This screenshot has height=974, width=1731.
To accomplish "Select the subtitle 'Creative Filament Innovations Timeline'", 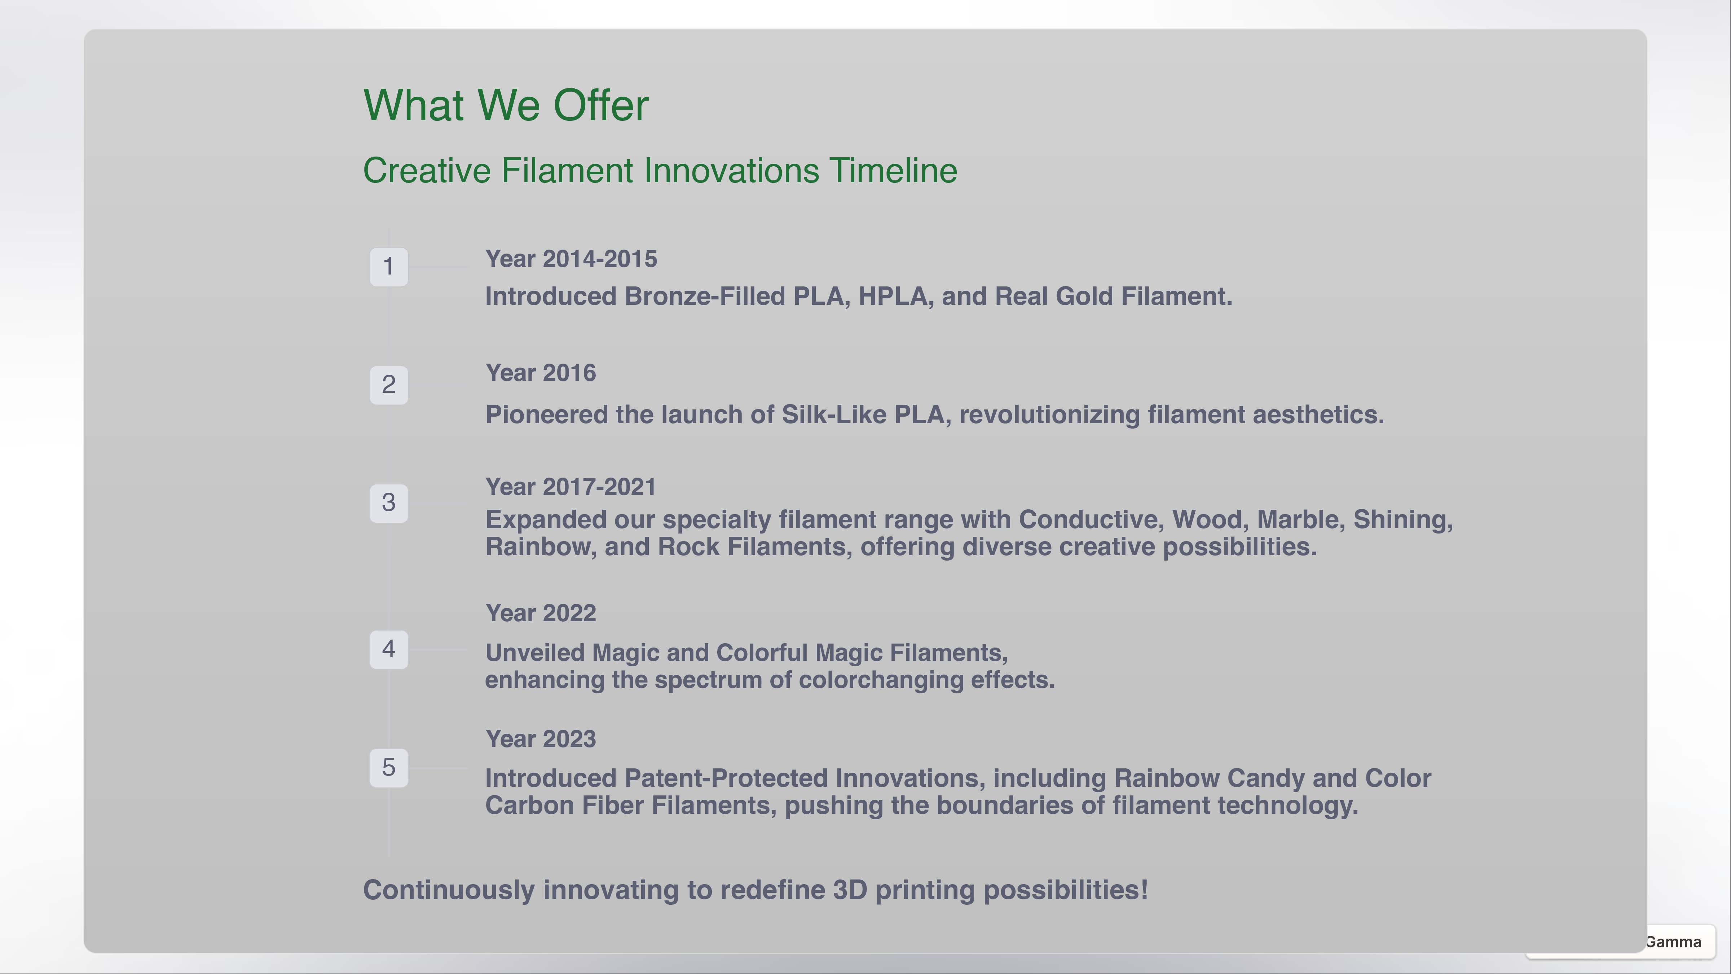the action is (660, 171).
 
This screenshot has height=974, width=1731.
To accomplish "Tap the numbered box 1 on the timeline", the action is (388, 267).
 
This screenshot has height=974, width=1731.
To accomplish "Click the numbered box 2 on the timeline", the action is (388, 385).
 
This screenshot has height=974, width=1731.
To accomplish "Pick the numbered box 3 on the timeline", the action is (388, 503).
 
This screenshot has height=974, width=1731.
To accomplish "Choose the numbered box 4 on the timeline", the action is (388, 649).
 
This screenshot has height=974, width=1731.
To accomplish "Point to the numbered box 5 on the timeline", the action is (388, 768).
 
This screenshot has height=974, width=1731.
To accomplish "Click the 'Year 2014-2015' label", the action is (571, 259).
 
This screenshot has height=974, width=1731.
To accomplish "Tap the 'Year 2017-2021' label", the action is (571, 487).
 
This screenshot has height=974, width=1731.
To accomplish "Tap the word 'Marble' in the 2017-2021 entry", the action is (1301, 519).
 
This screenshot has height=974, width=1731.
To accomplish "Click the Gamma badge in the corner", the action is (1673, 942).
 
